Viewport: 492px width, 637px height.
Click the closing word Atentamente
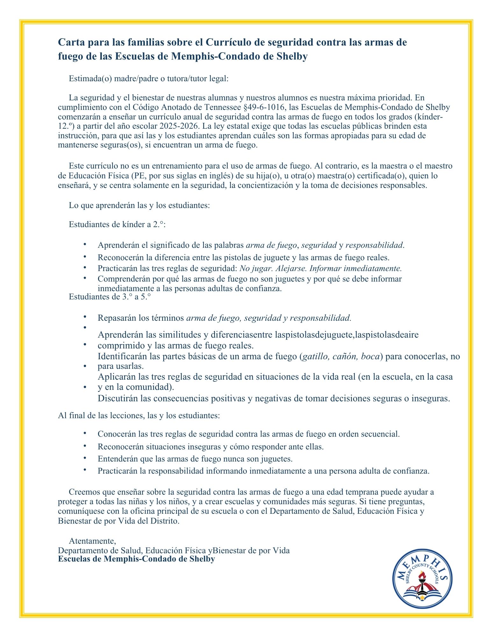pos(92,541)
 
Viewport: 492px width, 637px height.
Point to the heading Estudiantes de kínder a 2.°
pos(118,224)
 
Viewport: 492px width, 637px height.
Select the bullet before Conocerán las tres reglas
pos(85,433)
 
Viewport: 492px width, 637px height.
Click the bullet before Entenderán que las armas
pos(85,458)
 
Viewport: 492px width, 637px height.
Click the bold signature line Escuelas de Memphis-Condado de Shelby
pos(136,559)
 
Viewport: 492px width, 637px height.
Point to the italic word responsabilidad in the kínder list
pos(374,245)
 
